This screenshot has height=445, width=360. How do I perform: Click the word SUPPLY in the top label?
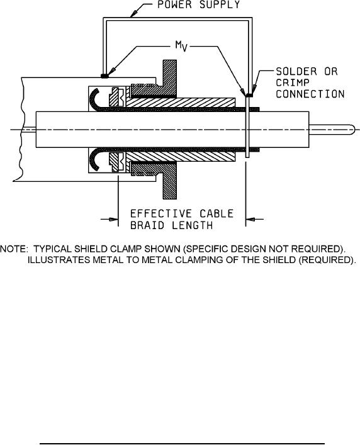coord(220,4)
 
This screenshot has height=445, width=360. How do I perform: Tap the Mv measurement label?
coord(181,46)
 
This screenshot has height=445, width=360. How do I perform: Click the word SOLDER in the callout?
coord(296,72)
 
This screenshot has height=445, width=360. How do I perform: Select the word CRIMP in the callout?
coord(293,82)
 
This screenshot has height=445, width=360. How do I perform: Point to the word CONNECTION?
coord(310,94)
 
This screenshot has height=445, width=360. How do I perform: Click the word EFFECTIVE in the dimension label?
coord(160,213)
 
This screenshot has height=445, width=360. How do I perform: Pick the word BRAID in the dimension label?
coord(147,225)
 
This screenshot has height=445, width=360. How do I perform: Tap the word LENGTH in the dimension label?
coord(192,225)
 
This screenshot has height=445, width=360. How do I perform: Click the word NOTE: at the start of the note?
coord(14,249)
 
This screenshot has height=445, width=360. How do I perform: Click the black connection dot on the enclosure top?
coord(104,76)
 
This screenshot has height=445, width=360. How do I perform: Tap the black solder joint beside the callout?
coord(249,96)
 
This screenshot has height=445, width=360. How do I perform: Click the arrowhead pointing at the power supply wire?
coord(135,13)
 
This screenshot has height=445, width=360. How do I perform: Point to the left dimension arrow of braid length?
coord(110,219)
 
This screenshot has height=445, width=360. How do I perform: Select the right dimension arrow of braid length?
coord(254,219)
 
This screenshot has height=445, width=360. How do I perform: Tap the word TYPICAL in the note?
coord(52,249)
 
